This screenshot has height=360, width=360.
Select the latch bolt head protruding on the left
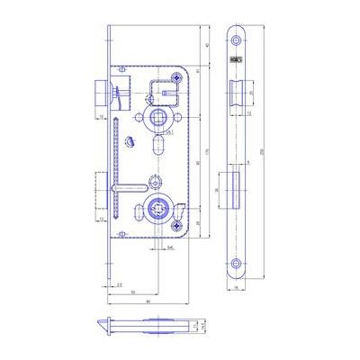pos(98,93)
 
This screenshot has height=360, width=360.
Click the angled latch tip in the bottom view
pos(103,327)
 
